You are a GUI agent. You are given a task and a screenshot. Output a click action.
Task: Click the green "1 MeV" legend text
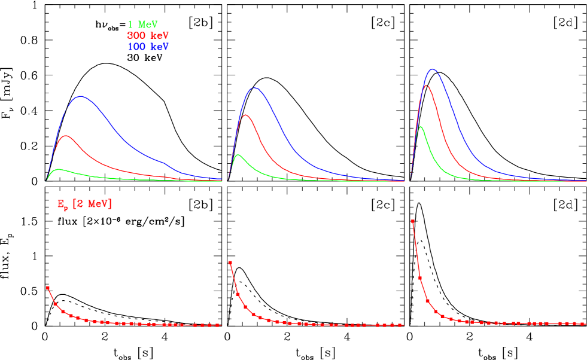tap(142, 25)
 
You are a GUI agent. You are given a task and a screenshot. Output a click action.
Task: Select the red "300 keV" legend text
tap(148, 35)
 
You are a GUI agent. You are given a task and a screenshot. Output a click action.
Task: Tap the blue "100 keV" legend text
tap(148, 46)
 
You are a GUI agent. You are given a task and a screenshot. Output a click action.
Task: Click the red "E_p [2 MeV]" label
tap(84, 205)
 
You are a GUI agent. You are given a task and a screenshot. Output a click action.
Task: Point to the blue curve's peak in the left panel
tap(80, 96)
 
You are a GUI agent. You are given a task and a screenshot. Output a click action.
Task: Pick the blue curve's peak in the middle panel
tap(255, 87)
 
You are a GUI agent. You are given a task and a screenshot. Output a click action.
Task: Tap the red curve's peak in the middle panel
tap(245, 114)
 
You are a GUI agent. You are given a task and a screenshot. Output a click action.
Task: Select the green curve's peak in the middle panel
tap(239, 155)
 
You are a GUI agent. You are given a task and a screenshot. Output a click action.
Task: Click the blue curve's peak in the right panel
tap(432, 69)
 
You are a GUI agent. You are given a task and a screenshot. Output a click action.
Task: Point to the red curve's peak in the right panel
tap(425, 86)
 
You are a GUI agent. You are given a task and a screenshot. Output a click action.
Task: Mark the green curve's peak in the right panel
tap(421, 127)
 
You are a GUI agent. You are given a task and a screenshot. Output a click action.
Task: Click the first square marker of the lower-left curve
tap(48, 288)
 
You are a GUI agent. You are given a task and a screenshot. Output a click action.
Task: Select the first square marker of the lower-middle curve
tap(230, 263)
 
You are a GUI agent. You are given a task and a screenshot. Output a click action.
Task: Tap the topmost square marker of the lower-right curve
tap(412, 221)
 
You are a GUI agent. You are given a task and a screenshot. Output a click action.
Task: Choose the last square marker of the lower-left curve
tap(219, 325)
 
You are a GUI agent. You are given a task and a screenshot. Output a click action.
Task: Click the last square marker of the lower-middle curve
tap(400, 325)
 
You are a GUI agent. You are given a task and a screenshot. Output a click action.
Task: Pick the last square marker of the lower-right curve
tap(583, 324)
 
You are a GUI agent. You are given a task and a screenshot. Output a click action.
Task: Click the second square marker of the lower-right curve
tap(420, 277)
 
